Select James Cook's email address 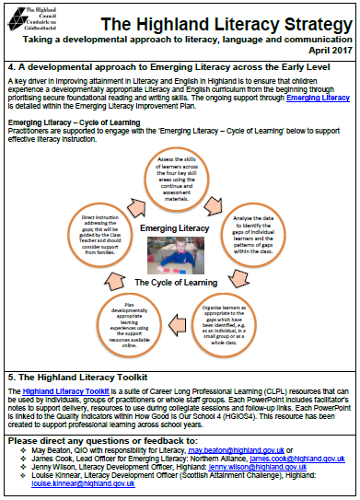[x=301, y=457]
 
